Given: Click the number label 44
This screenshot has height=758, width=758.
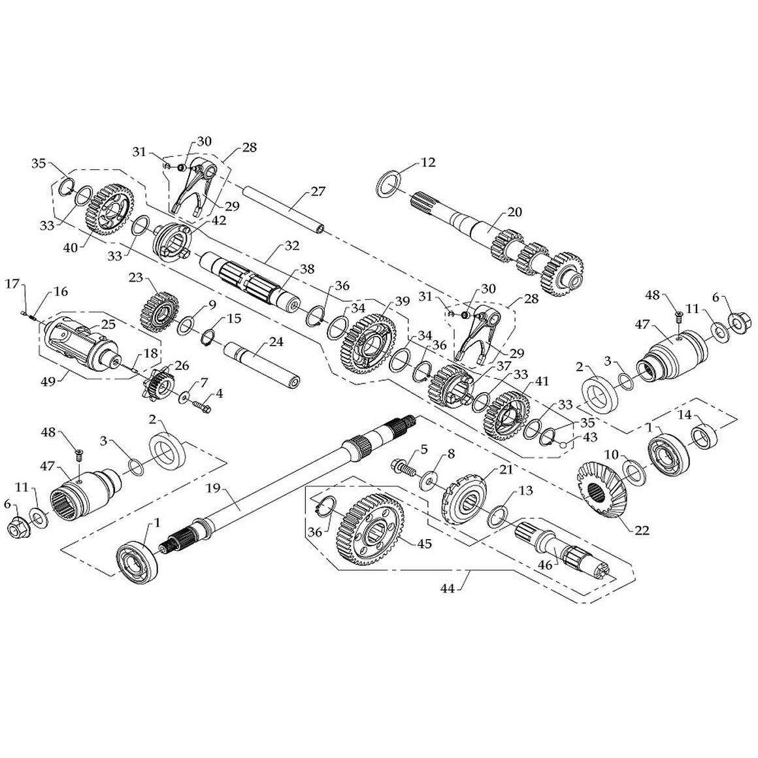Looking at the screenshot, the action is point(448,589).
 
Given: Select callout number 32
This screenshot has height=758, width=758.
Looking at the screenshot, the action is point(292,246).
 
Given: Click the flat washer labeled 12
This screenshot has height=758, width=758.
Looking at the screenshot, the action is point(389,184).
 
